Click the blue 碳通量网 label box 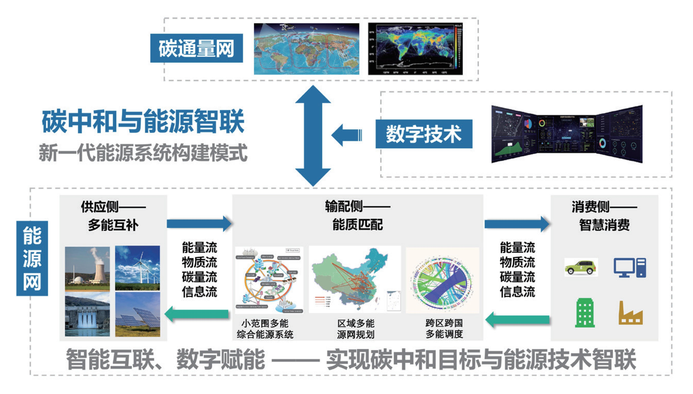point(196,48)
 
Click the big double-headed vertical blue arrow point(313,135)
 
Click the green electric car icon point(581,267)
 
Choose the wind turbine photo point(137,268)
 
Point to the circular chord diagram point(442,280)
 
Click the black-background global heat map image point(415,49)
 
